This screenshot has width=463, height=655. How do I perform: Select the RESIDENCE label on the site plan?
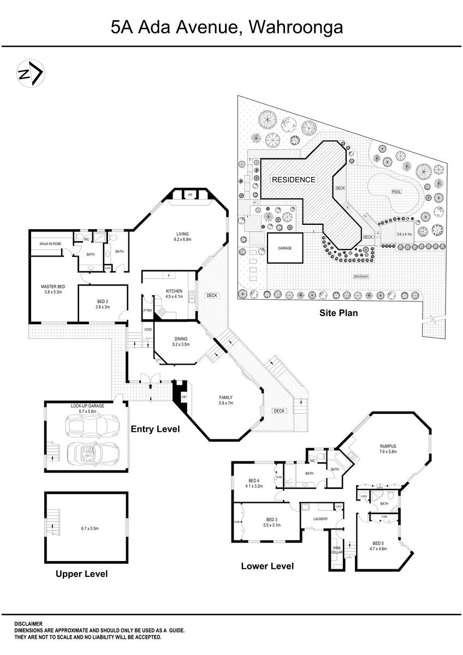293,180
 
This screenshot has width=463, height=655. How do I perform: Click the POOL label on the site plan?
396,192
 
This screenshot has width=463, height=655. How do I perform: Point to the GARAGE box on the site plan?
284,248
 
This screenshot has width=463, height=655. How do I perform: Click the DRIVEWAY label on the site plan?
361,277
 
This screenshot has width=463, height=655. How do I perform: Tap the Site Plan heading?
338,313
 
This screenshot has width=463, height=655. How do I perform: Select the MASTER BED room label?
52,289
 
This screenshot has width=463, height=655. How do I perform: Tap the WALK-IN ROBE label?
50,243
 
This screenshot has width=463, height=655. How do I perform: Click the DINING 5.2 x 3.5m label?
180,341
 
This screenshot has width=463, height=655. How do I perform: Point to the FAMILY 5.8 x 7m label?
225,400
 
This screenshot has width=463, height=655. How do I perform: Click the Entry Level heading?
155,430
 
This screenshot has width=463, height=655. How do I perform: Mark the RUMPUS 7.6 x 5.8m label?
388,449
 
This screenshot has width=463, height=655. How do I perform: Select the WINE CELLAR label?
336,550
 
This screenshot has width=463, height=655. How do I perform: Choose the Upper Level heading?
82,574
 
